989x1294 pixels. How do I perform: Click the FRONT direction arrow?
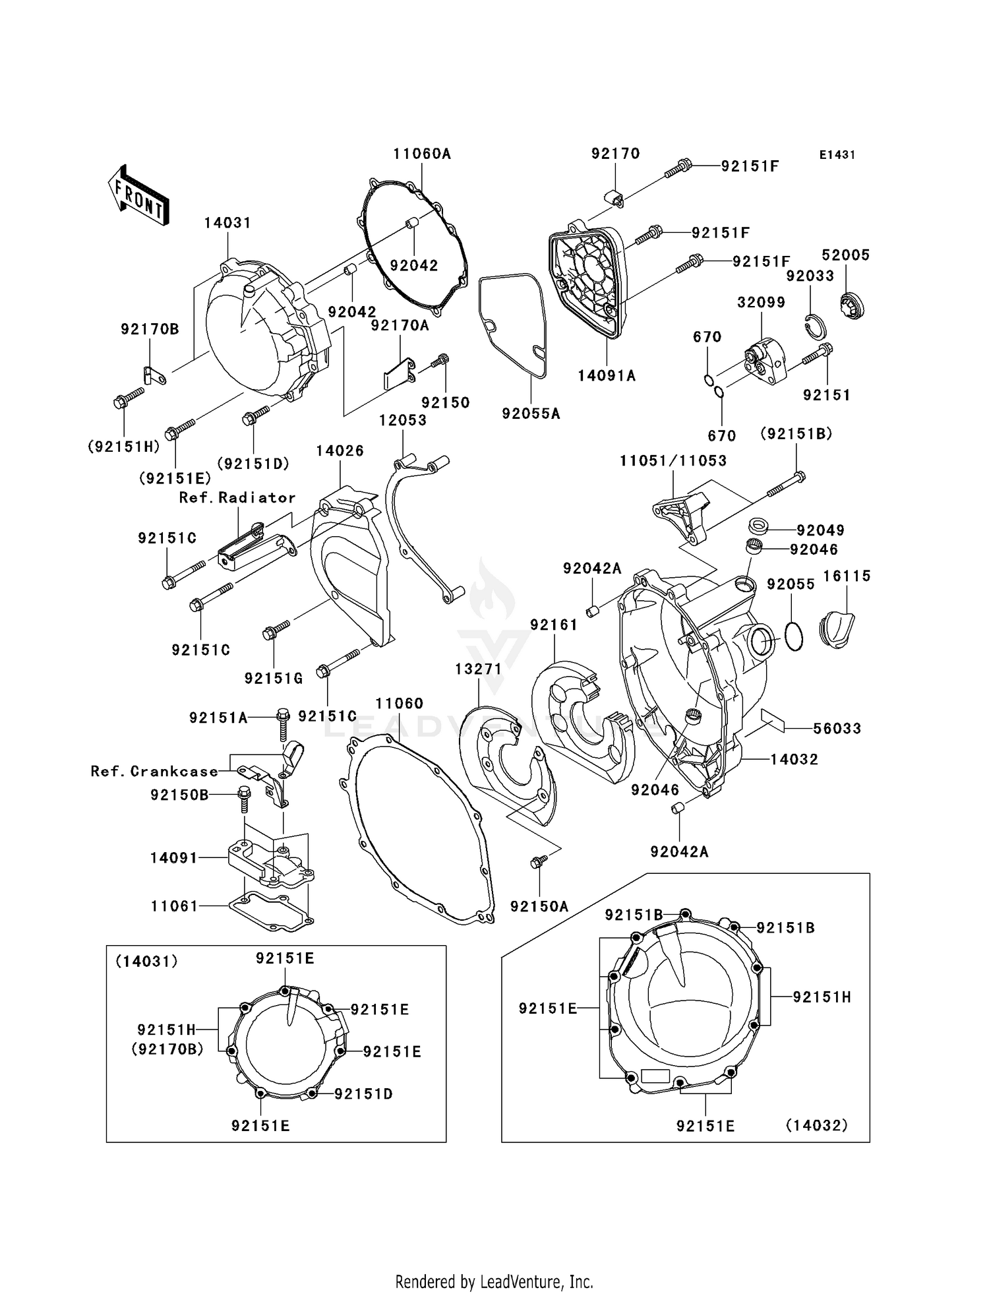(138, 196)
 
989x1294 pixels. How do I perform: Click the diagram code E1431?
(837, 155)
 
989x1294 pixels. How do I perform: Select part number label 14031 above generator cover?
(227, 223)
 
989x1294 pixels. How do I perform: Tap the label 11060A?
(422, 154)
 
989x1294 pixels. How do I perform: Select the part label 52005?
(845, 255)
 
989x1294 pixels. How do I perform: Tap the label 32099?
(761, 303)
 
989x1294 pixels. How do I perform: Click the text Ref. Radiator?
(237, 498)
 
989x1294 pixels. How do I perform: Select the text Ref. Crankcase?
(154, 771)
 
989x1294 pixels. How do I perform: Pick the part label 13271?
(478, 669)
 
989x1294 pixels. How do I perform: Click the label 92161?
(554, 625)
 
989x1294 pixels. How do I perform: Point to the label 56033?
(837, 729)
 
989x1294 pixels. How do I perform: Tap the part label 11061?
(174, 906)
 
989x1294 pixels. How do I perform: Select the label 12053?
(402, 420)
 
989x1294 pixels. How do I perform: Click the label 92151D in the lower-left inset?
(363, 1094)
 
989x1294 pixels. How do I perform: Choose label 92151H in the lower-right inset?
(822, 998)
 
